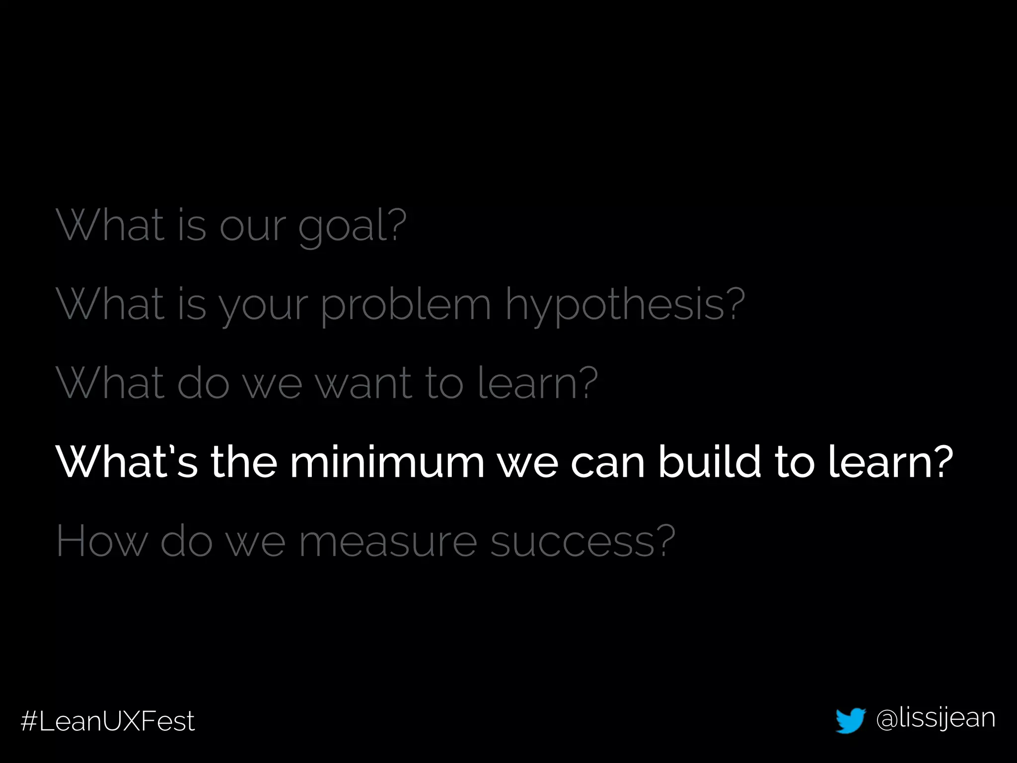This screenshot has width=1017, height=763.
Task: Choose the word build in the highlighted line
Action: [710, 461]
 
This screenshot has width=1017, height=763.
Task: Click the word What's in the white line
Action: [127, 461]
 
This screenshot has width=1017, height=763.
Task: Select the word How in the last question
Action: [101, 541]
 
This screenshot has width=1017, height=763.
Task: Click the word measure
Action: [388, 542]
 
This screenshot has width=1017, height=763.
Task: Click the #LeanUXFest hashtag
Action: [108, 721]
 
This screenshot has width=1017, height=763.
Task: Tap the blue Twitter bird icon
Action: [851, 720]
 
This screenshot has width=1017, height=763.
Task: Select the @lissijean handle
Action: [936, 718]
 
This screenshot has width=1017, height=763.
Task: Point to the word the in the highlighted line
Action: [244, 461]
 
